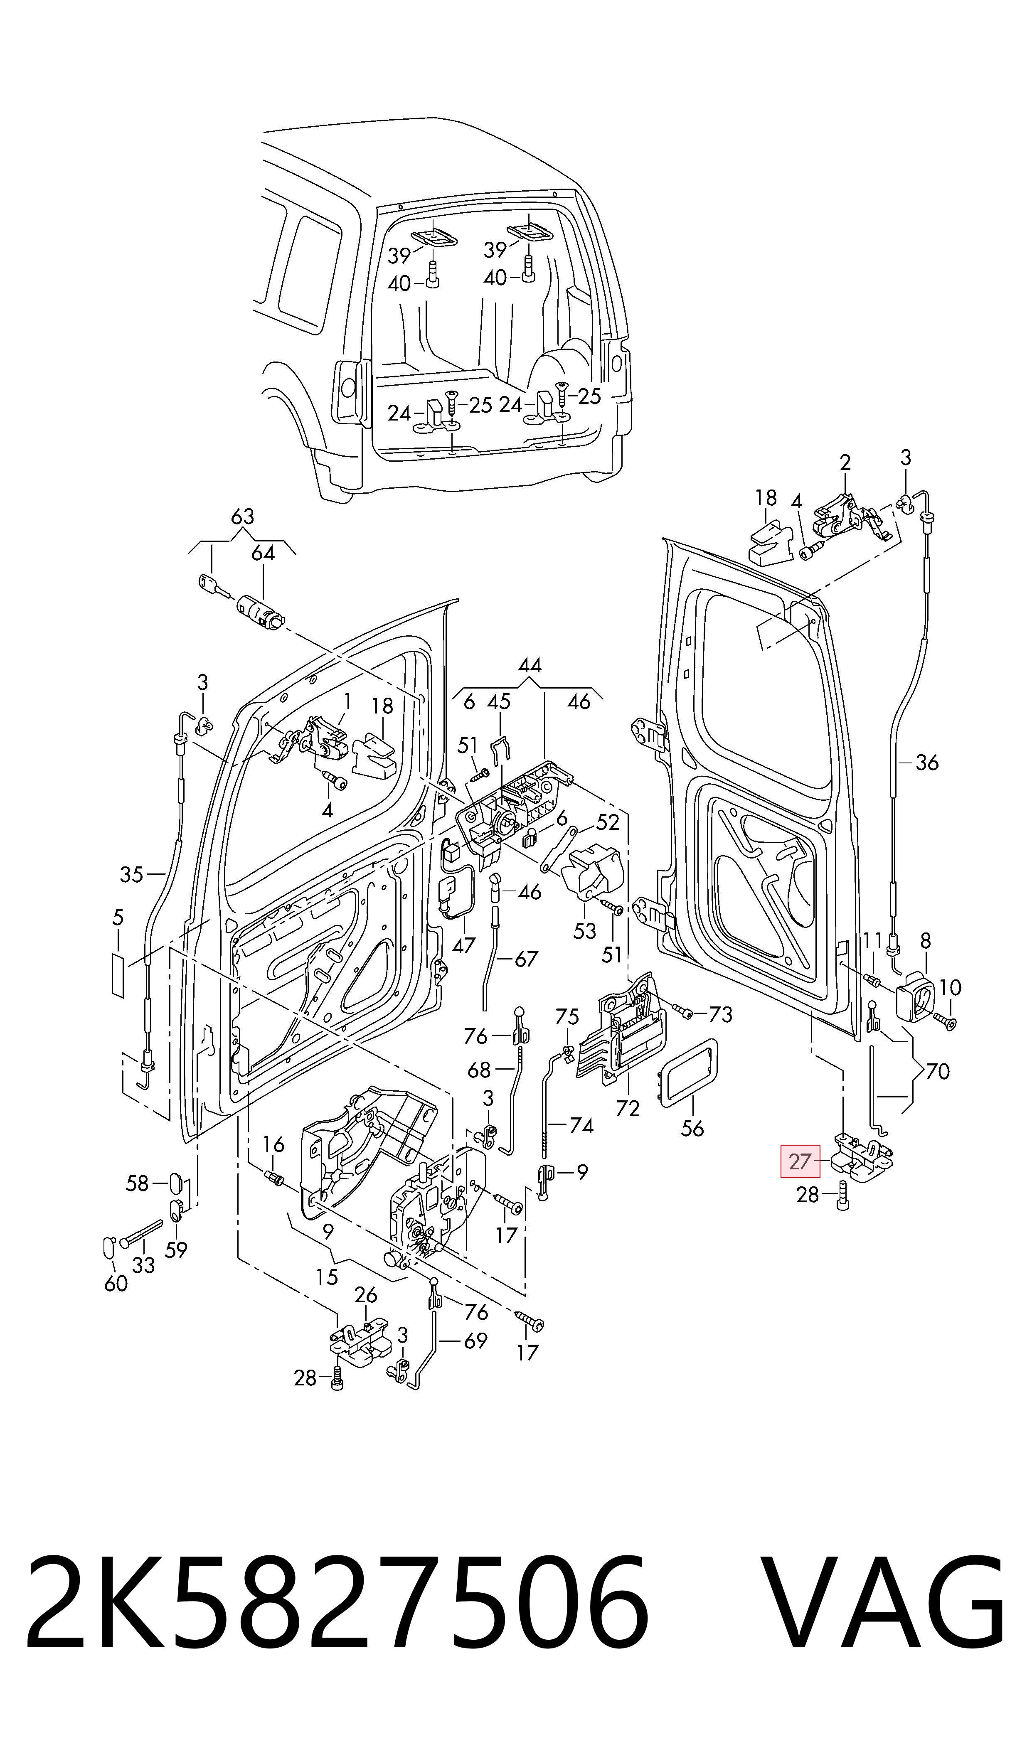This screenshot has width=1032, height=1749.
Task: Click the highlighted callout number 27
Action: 800,1161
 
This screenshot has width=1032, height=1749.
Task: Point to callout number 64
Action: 263,553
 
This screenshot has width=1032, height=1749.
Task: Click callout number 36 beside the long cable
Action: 927,763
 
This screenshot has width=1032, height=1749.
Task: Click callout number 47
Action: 464,945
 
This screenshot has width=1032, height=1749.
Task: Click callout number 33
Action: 143,1264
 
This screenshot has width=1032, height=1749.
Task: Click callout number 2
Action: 846,462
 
